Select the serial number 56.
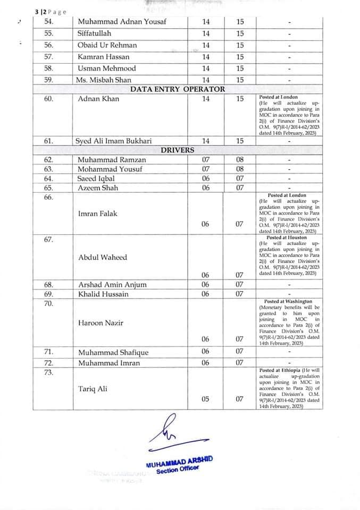coord(49,45)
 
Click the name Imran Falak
coord(98,214)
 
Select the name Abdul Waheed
coord(102,257)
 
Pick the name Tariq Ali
coord(93,388)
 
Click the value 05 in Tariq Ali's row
coord(205,399)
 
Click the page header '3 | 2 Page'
coord(51,12)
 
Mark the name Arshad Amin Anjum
coord(112,284)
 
